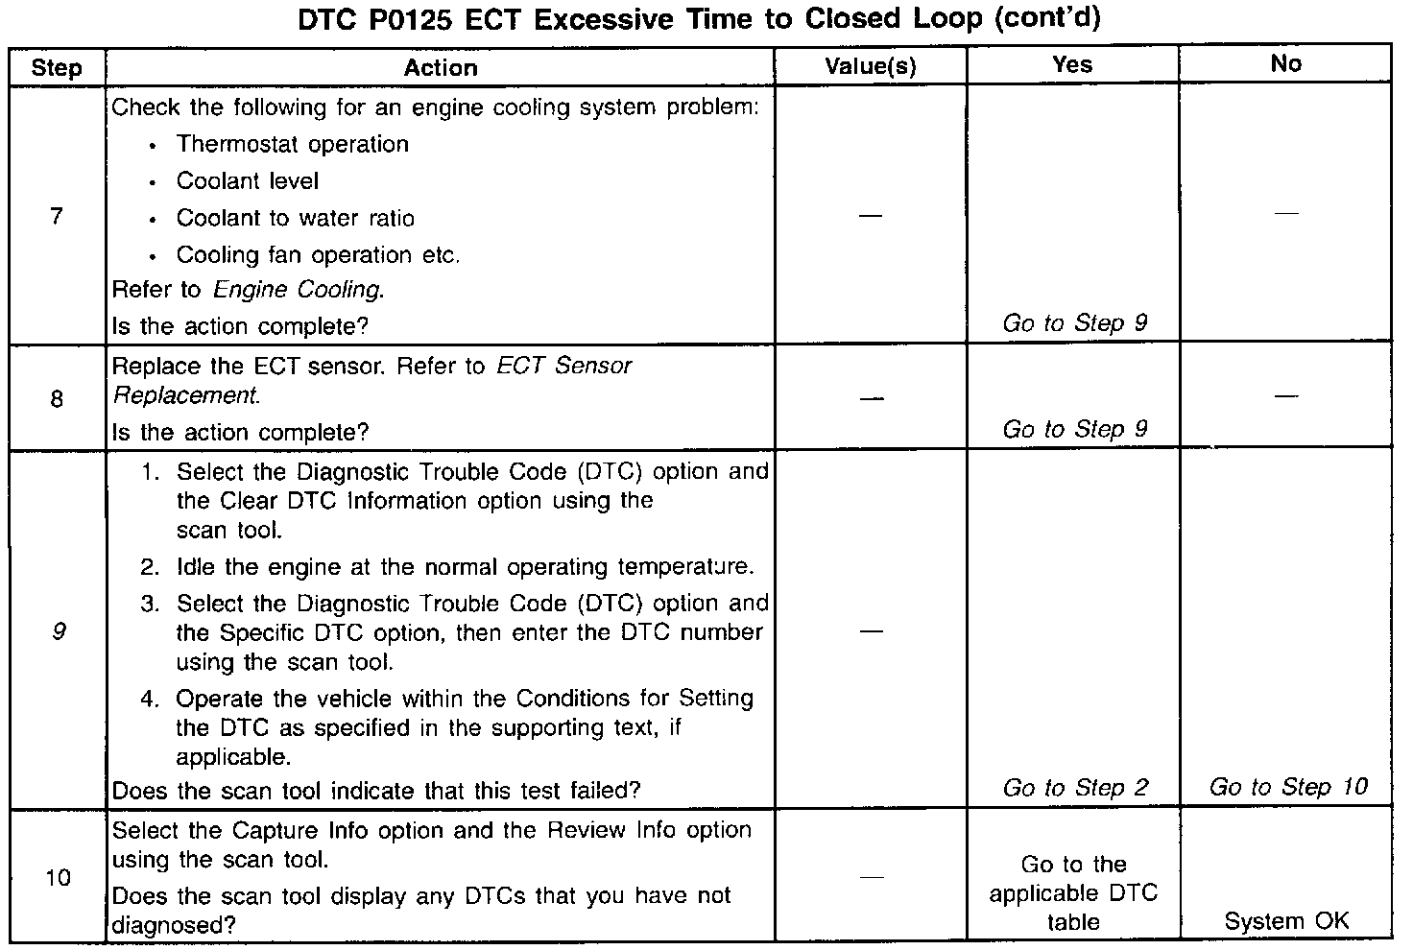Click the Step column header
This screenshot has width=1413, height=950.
point(57,68)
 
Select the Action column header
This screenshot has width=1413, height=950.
point(440,68)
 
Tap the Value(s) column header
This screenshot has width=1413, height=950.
point(870,66)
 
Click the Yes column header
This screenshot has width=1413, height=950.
point(1071,64)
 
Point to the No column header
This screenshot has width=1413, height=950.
point(1285,64)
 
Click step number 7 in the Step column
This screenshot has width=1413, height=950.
point(57,217)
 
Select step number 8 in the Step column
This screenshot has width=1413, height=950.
point(57,398)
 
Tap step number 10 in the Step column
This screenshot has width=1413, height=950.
point(58,878)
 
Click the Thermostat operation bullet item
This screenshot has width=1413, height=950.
point(293,145)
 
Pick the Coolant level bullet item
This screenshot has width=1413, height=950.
point(247,181)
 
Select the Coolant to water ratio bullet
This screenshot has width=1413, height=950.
point(295,219)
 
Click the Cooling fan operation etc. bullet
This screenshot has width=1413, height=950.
point(318,255)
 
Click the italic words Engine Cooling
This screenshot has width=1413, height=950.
point(298,290)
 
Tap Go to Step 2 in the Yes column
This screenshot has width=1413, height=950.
point(1074,788)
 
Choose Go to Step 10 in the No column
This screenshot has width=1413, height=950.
point(1287,788)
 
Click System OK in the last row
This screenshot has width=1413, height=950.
point(1286,921)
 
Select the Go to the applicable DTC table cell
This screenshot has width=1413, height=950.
point(1073,893)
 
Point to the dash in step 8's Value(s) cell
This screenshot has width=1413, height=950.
point(871,398)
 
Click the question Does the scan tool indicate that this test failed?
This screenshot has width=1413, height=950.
point(376,792)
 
